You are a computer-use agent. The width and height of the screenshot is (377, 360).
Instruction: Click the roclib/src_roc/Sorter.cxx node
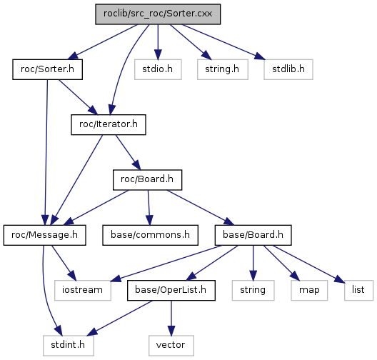click(x=158, y=14)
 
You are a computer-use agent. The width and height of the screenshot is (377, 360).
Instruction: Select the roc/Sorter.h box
click(x=47, y=69)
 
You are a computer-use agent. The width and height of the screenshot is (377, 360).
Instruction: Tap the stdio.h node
click(x=158, y=69)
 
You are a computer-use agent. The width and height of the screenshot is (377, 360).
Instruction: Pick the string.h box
click(x=222, y=69)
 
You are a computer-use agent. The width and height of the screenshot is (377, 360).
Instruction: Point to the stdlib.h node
click(x=288, y=69)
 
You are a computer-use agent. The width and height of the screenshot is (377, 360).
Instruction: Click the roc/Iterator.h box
click(x=109, y=124)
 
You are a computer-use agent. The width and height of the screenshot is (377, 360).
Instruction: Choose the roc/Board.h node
click(x=147, y=180)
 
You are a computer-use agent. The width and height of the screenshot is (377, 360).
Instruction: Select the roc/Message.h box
click(x=44, y=235)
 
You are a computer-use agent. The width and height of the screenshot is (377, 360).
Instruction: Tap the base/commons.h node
click(x=150, y=235)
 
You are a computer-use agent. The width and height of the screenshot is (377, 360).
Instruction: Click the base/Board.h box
click(x=253, y=235)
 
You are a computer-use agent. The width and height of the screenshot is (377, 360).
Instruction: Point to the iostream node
click(x=83, y=290)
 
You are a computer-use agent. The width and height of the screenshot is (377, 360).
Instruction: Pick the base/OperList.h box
click(x=171, y=290)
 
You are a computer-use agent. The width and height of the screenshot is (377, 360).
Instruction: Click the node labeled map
click(x=309, y=290)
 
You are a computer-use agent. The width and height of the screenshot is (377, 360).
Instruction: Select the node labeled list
click(x=358, y=290)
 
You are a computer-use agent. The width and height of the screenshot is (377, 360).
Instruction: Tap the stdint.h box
click(x=69, y=346)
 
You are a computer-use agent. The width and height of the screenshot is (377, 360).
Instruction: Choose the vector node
click(x=171, y=346)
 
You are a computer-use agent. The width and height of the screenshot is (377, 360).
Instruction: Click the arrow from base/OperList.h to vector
click(x=171, y=318)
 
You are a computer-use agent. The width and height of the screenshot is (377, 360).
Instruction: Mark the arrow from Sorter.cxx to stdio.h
click(x=158, y=42)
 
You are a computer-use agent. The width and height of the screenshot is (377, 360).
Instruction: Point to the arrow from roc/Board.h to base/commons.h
click(x=149, y=208)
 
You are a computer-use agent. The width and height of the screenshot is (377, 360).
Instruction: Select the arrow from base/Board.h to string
click(x=253, y=263)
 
